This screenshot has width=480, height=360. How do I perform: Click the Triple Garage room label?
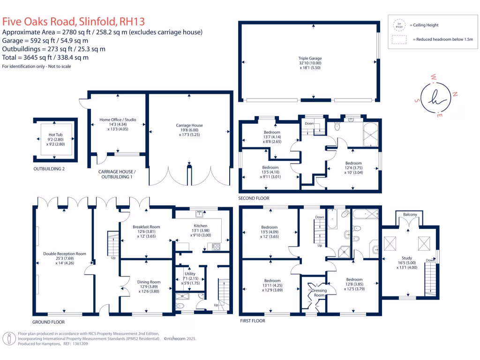(310, 59)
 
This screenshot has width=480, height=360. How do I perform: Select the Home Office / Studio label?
(118, 120)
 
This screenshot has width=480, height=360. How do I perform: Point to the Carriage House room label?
(189, 126)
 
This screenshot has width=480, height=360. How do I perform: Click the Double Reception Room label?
(65, 254)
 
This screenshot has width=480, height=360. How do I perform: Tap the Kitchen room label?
(200, 225)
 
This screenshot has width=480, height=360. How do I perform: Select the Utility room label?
(190, 274)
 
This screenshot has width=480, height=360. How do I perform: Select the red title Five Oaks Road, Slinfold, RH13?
(74, 22)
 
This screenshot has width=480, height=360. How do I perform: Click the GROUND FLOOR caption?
(48, 322)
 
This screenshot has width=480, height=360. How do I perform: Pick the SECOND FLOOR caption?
(254, 198)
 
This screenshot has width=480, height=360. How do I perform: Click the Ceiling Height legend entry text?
(424, 25)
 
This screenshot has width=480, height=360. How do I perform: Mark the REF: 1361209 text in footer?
(75, 344)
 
